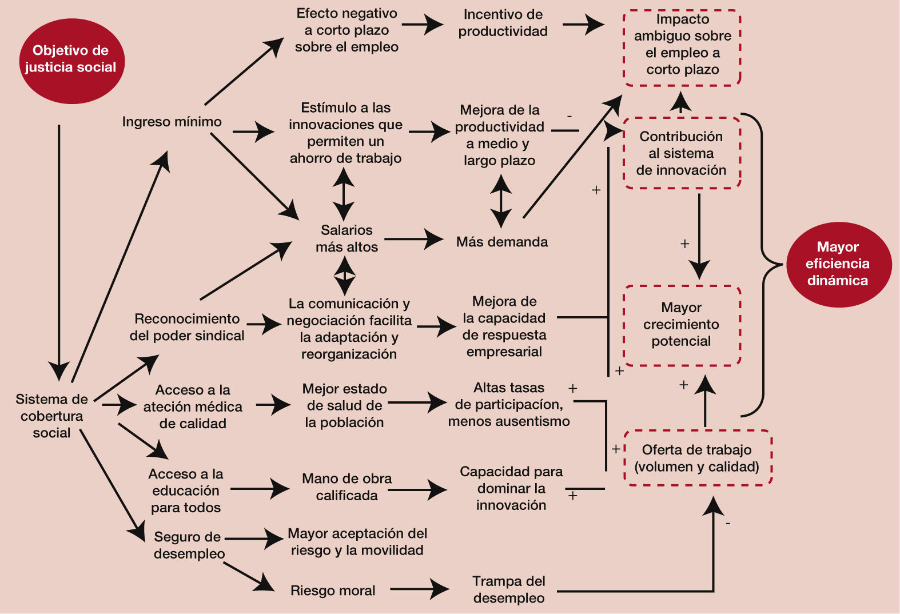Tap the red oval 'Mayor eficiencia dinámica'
838,264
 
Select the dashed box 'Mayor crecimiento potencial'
682,325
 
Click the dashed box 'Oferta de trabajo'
697,458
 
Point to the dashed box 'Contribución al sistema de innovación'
681,153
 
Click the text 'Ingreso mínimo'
172,122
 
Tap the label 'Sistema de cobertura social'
51,416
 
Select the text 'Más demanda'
501,242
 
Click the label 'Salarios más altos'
347,238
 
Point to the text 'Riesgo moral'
333,591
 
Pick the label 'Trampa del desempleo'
509,589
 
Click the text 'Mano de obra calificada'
347,487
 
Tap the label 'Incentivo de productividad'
503,23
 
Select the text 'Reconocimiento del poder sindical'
187,327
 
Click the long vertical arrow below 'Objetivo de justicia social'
59,252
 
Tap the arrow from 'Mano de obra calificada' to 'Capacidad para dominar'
417,489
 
